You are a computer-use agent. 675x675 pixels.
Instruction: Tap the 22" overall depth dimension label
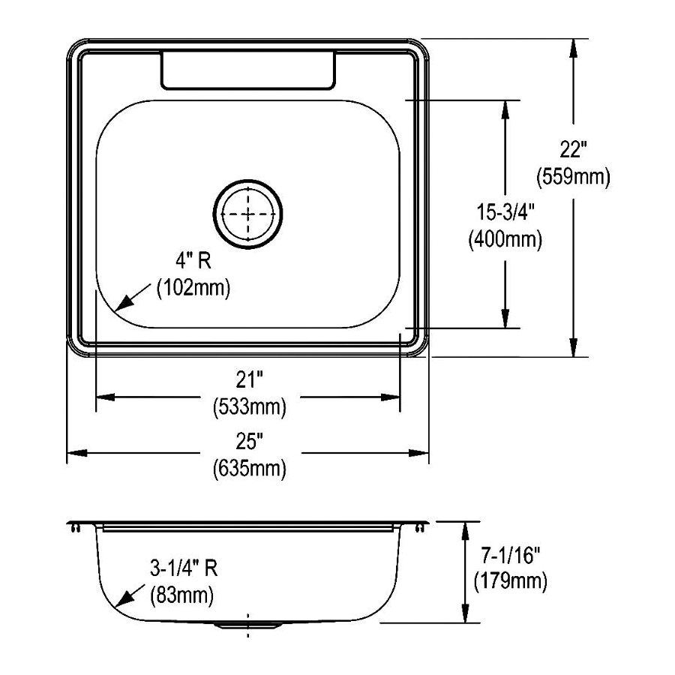[x=574, y=150]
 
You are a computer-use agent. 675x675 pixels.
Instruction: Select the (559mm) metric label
[x=574, y=176]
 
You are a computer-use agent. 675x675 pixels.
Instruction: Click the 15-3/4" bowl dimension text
[x=505, y=211]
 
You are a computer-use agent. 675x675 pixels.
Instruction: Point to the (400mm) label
[x=505, y=239]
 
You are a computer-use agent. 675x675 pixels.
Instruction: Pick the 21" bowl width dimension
[x=249, y=379]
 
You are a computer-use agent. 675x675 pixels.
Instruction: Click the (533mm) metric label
[x=250, y=406]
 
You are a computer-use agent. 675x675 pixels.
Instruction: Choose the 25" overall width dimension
[x=249, y=441]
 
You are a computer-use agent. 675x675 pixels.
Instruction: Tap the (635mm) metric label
[x=250, y=468]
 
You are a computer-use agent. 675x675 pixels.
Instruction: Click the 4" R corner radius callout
[x=193, y=260]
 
